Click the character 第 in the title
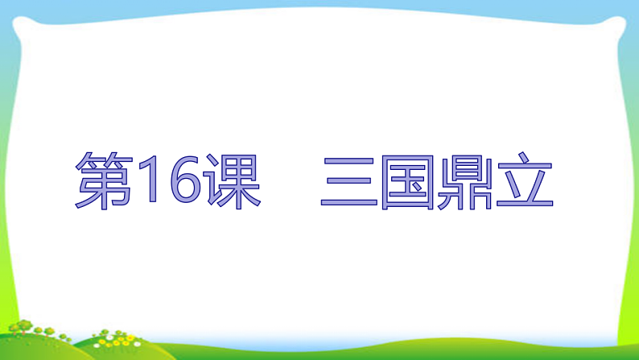pyautogui.click(x=104, y=182)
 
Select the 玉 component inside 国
pyautogui.click(x=407, y=184)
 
